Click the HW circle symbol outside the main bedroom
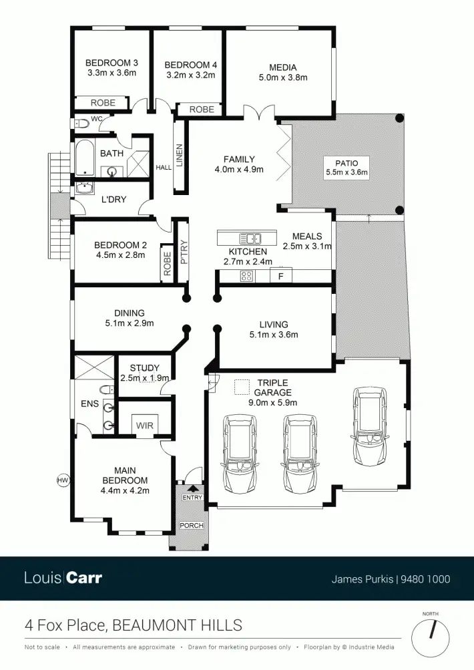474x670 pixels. [x=63, y=480]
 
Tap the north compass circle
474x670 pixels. [x=430, y=637]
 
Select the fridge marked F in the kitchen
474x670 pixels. [x=281, y=276]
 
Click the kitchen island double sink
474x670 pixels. [x=251, y=237]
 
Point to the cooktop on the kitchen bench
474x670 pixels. [x=246, y=276]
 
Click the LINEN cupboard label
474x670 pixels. [x=179, y=156]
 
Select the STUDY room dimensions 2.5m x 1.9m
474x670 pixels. [x=145, y=378]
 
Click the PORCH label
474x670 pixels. [x=192, y=526]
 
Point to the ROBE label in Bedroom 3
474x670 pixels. [x=103, y=103]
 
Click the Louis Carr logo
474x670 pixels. [x=63, y=577]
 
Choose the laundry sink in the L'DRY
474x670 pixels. [x=85, y=188]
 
